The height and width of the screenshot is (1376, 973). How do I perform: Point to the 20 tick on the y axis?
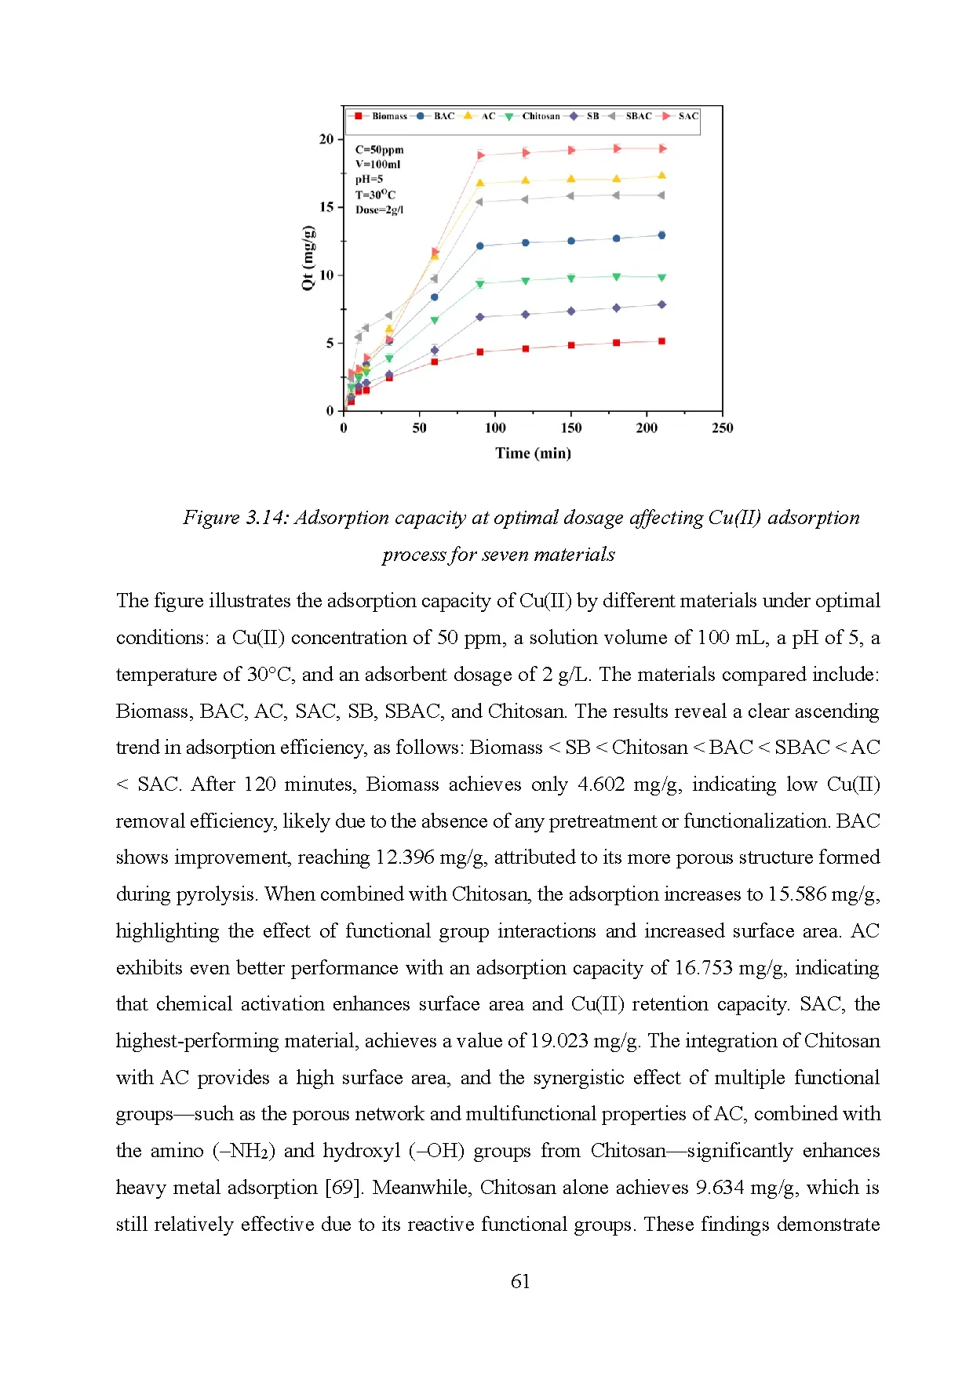pyautogui.click(x=326, y=140)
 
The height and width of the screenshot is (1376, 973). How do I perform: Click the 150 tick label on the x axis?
pyautogui.click(x=571, y=428)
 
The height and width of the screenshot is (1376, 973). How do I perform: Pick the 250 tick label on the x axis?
pyautogui.click(x=722, y=428)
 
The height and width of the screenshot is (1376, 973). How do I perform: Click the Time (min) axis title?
pyautogui.click(x=533, y=453)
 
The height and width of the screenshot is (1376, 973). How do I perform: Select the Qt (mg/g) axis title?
pyautogui.click(x=308, y=258)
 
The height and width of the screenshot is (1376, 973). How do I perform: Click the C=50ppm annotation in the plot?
pyautogui.click(x=379, y=150)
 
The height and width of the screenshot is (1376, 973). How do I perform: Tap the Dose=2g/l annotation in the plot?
pyautogui.click(x=379, y=210)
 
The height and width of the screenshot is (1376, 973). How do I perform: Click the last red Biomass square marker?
pyautogui.click(x=661, y=341)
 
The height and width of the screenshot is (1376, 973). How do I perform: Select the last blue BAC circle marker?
pyautogui.click(x=661, y=235)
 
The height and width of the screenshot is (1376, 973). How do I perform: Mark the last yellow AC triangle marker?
pyautogui.click(x=661, y=176)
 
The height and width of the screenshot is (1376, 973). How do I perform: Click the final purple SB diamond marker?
pyautogui.click(x=661, y=304)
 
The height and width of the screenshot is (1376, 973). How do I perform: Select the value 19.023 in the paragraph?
pyautogui.click(x=559, y=1041)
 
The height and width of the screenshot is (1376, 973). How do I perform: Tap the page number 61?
pyautogui.click(x=520, y=1282)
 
